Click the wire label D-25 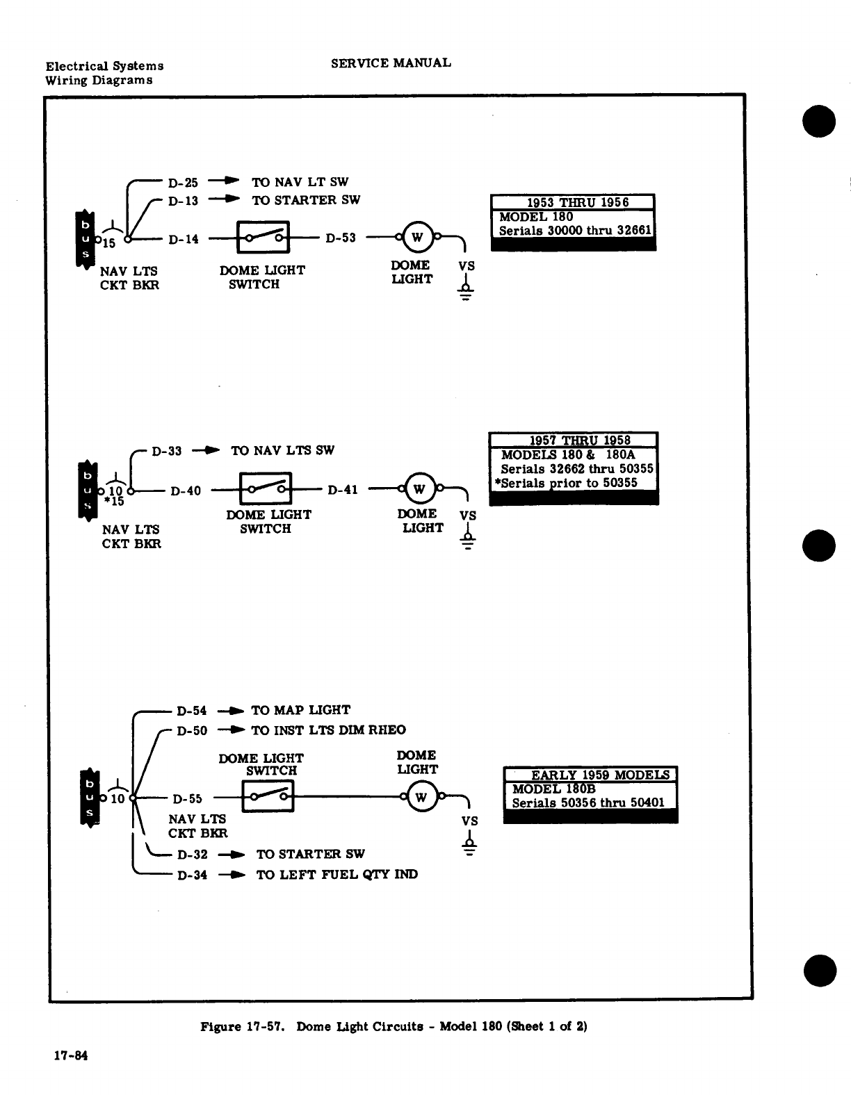click(x=183, y=183)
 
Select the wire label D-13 click(x=183, y=201)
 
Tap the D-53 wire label click(x=341, y=238)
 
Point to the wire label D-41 click(x=343, y=490)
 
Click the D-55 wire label click(x=187, y=799)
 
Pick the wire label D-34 click(x=193, y=875)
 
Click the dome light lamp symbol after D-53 click(x=417, y=237)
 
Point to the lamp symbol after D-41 click(x=419, y=489)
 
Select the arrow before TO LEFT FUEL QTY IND click(x=232, y=875)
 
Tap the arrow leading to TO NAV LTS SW click(x=206, y=450)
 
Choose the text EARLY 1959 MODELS click(x=600, y=775)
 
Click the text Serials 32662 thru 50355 click(x=577, y=469)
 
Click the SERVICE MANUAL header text click(x=391, y=63)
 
